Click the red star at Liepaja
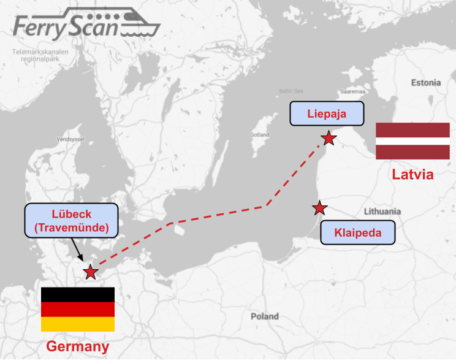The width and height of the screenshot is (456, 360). click(x=329, y=138)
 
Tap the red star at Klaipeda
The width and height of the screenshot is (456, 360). click(x=319, y=209)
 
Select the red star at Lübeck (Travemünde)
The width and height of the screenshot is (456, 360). click(x=91, y=272)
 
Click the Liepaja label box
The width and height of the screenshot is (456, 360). click(x=326, y=113)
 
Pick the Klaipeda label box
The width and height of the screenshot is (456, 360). click(x=358, y=233)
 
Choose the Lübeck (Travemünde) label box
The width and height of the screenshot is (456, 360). click(x=72, y=221)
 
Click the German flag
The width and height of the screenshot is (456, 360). click(x=78, y=309)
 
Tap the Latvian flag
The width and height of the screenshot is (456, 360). click(x=412, y=141)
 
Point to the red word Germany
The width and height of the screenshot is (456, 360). click(x=78, y=347)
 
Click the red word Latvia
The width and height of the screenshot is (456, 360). click(x=412, y=174)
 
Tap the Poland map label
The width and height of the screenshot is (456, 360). click(x=264, y=316)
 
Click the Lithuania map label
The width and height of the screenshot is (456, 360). click(x=382, y=211)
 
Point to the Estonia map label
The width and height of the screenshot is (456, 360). click(x=425, y=82)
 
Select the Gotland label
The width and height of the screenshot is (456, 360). click(x=259, y=134)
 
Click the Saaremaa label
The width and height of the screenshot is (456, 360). click(x=336, y=91)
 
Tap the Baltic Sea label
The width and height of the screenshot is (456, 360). click(x=291, y=91)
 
